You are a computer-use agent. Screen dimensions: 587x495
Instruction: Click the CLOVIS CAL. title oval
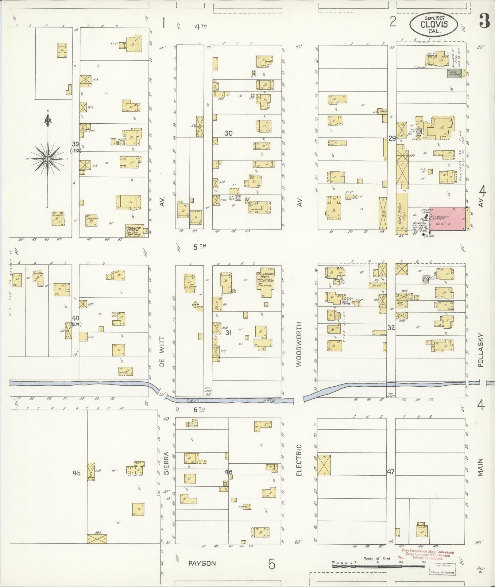434,24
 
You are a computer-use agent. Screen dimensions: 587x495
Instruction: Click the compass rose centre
48,159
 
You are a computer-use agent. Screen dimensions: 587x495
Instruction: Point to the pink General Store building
447,218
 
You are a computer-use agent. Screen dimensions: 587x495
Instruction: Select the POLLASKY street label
480,350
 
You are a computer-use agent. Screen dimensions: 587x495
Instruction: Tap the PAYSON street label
202,563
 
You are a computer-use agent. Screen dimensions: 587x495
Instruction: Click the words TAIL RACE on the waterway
230,401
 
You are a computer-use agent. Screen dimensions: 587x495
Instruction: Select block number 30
228,133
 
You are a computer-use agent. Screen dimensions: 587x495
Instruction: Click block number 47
390,472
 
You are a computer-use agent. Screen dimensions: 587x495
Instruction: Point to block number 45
76,473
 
